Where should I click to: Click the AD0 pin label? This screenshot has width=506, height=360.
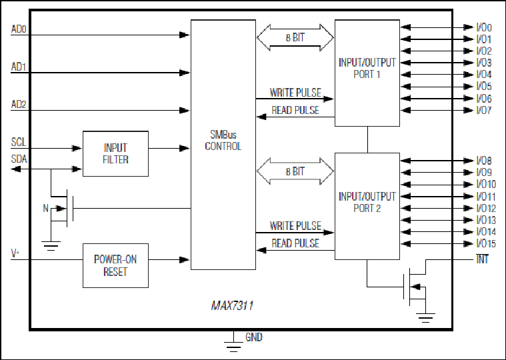(x=19, y=29)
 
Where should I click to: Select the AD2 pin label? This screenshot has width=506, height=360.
(x=19, y=105)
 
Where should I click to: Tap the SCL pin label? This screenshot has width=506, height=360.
(x=19, y=142)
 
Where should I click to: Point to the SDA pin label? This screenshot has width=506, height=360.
(x=19, y=159)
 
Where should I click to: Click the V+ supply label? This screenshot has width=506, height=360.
(x=15, y=253)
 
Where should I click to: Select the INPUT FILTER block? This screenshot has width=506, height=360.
(x=115, y=153)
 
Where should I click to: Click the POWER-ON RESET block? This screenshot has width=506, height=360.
(x=115, y=265)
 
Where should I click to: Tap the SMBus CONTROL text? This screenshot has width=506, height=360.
(x=223, y=140)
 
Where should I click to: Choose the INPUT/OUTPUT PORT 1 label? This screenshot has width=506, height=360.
(x=367, y=69)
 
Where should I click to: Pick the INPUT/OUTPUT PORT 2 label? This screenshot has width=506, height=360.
(x=367, y=202)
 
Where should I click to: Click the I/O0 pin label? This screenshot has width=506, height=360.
(x=484, y=27)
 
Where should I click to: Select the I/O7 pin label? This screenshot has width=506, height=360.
(x=484, y=110)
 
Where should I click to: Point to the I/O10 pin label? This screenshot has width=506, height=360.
(x=486, y=184)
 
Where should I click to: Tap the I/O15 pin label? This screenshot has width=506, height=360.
(x=486, y=243)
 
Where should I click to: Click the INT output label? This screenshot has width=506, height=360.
(x=482, y=259)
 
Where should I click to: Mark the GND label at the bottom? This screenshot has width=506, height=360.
(x=254, y=337)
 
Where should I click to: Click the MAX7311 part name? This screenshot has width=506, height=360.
(x=233, y=305)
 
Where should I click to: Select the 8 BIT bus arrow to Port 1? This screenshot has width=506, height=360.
(x=295, y=37)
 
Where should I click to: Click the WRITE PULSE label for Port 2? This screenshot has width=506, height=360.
(x=295, y=226)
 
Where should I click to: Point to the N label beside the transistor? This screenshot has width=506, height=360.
(x=46, y=209)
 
